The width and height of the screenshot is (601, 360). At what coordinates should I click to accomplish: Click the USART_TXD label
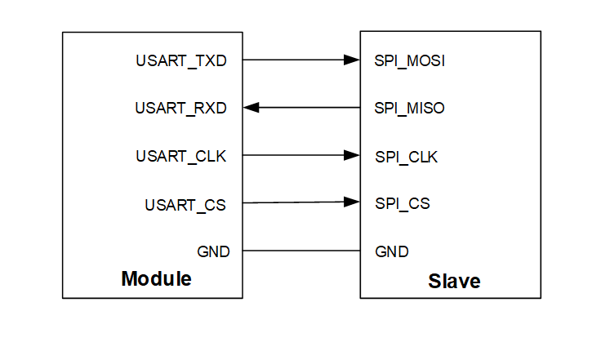pyautogui.click(x=181, y=60)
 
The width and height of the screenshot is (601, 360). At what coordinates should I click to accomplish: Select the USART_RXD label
pyautogui.click(x=180, y=108)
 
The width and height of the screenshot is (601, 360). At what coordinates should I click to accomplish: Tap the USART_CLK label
pyautogui.click(x=180, y=155)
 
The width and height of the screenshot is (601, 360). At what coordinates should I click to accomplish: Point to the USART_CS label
pyautogui.click(x=185, y=204)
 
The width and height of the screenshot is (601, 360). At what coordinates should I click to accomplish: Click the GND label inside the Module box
pyautogui.click(x=213, y=251)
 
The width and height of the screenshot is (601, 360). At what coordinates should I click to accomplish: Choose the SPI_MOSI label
pyautogui.click(x=409, y=60)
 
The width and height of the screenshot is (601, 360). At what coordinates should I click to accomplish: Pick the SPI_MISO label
pyautogui.click(x=409, y=108)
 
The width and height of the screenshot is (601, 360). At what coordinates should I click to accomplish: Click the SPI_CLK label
pyautogui.click(x=406, y=157)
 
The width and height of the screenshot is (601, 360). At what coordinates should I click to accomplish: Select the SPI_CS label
pyautogui.click(x=402, y=202)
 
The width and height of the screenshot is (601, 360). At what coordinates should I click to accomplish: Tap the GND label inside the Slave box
pyautogui.click(x=391, y=251)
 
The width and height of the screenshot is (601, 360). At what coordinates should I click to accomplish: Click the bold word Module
pyautogui.click(x=156, y=279)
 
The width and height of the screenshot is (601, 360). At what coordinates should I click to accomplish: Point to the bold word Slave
pyautogui.click(x=454, y=282)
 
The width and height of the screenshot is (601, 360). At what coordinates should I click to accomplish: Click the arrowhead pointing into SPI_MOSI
pyautogui.click(x=353, y=60)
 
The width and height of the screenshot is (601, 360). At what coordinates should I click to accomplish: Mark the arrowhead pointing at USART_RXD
pyautogui.click(x=252, y=107)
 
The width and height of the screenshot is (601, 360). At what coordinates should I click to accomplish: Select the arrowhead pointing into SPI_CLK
pyautogui.click(x=353, y=155)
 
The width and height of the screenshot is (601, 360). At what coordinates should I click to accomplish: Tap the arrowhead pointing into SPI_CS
pyautogui.click(x=353, y=202)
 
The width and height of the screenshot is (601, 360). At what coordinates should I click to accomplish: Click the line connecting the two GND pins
pyautogui.click(x=301, y=251)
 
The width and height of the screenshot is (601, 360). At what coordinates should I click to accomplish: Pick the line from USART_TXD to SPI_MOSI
pyautogui.click(x=294, y=60)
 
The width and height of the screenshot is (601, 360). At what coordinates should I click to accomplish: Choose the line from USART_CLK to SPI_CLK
pyautogui.click(x=294, y=155)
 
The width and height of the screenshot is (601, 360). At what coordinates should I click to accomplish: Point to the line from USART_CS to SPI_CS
pyautogui.click(x=294, y=202)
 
